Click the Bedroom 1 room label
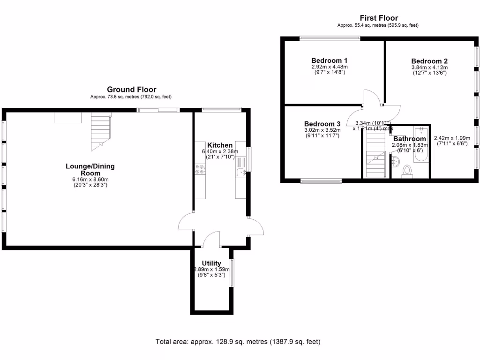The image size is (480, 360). coord(330,60)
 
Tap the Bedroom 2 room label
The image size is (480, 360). coord(429,61)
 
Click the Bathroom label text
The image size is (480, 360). coord(409,139)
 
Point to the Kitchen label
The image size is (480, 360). coord(220,145)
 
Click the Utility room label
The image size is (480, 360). coord(211,263)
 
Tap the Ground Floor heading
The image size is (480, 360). coord(132,89)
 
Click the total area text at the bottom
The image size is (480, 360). coord(238,342)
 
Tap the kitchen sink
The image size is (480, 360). coord(241,173)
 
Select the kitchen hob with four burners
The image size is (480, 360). coord(200,169)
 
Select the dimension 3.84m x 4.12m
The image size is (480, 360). coord(429,67)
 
